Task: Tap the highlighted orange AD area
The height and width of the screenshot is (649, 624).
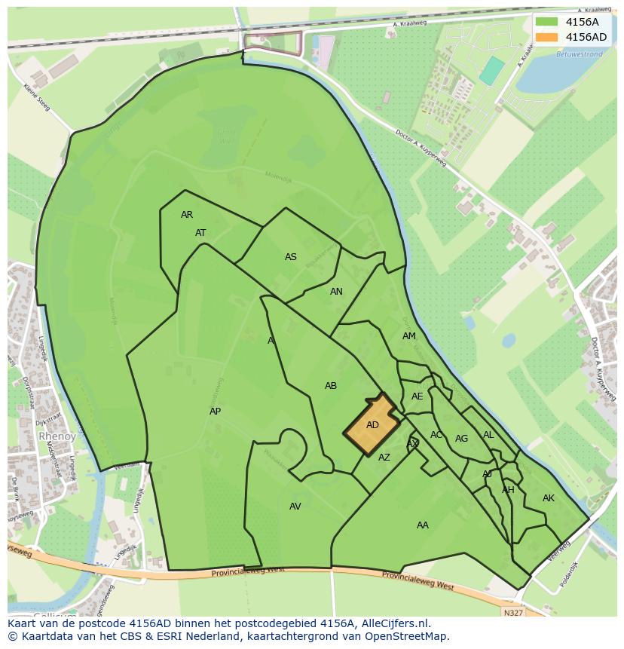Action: point(372,425)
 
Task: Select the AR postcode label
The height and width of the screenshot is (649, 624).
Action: point(187,215)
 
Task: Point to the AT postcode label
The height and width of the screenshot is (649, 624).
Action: point(200,233)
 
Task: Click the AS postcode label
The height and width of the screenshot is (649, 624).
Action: point(291,257)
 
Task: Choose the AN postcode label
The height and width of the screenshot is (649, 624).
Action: point(336,292)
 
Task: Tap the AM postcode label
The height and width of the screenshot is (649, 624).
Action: point(409,336)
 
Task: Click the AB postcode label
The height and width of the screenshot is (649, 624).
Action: point(331,386)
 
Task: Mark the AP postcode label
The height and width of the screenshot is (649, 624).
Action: point(216,412)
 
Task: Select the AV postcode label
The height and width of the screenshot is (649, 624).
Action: point(295,507)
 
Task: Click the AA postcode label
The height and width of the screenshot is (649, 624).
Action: point(423,525)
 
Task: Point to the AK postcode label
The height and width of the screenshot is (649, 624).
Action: point(549,498)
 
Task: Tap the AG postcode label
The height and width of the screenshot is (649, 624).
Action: point(462,439)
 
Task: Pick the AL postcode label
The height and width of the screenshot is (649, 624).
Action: point(488,435)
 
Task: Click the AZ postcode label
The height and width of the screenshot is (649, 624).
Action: point(384,458)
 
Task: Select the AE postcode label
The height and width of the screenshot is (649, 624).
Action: point(418,396)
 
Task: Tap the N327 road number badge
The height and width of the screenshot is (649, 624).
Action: point(512,613)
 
